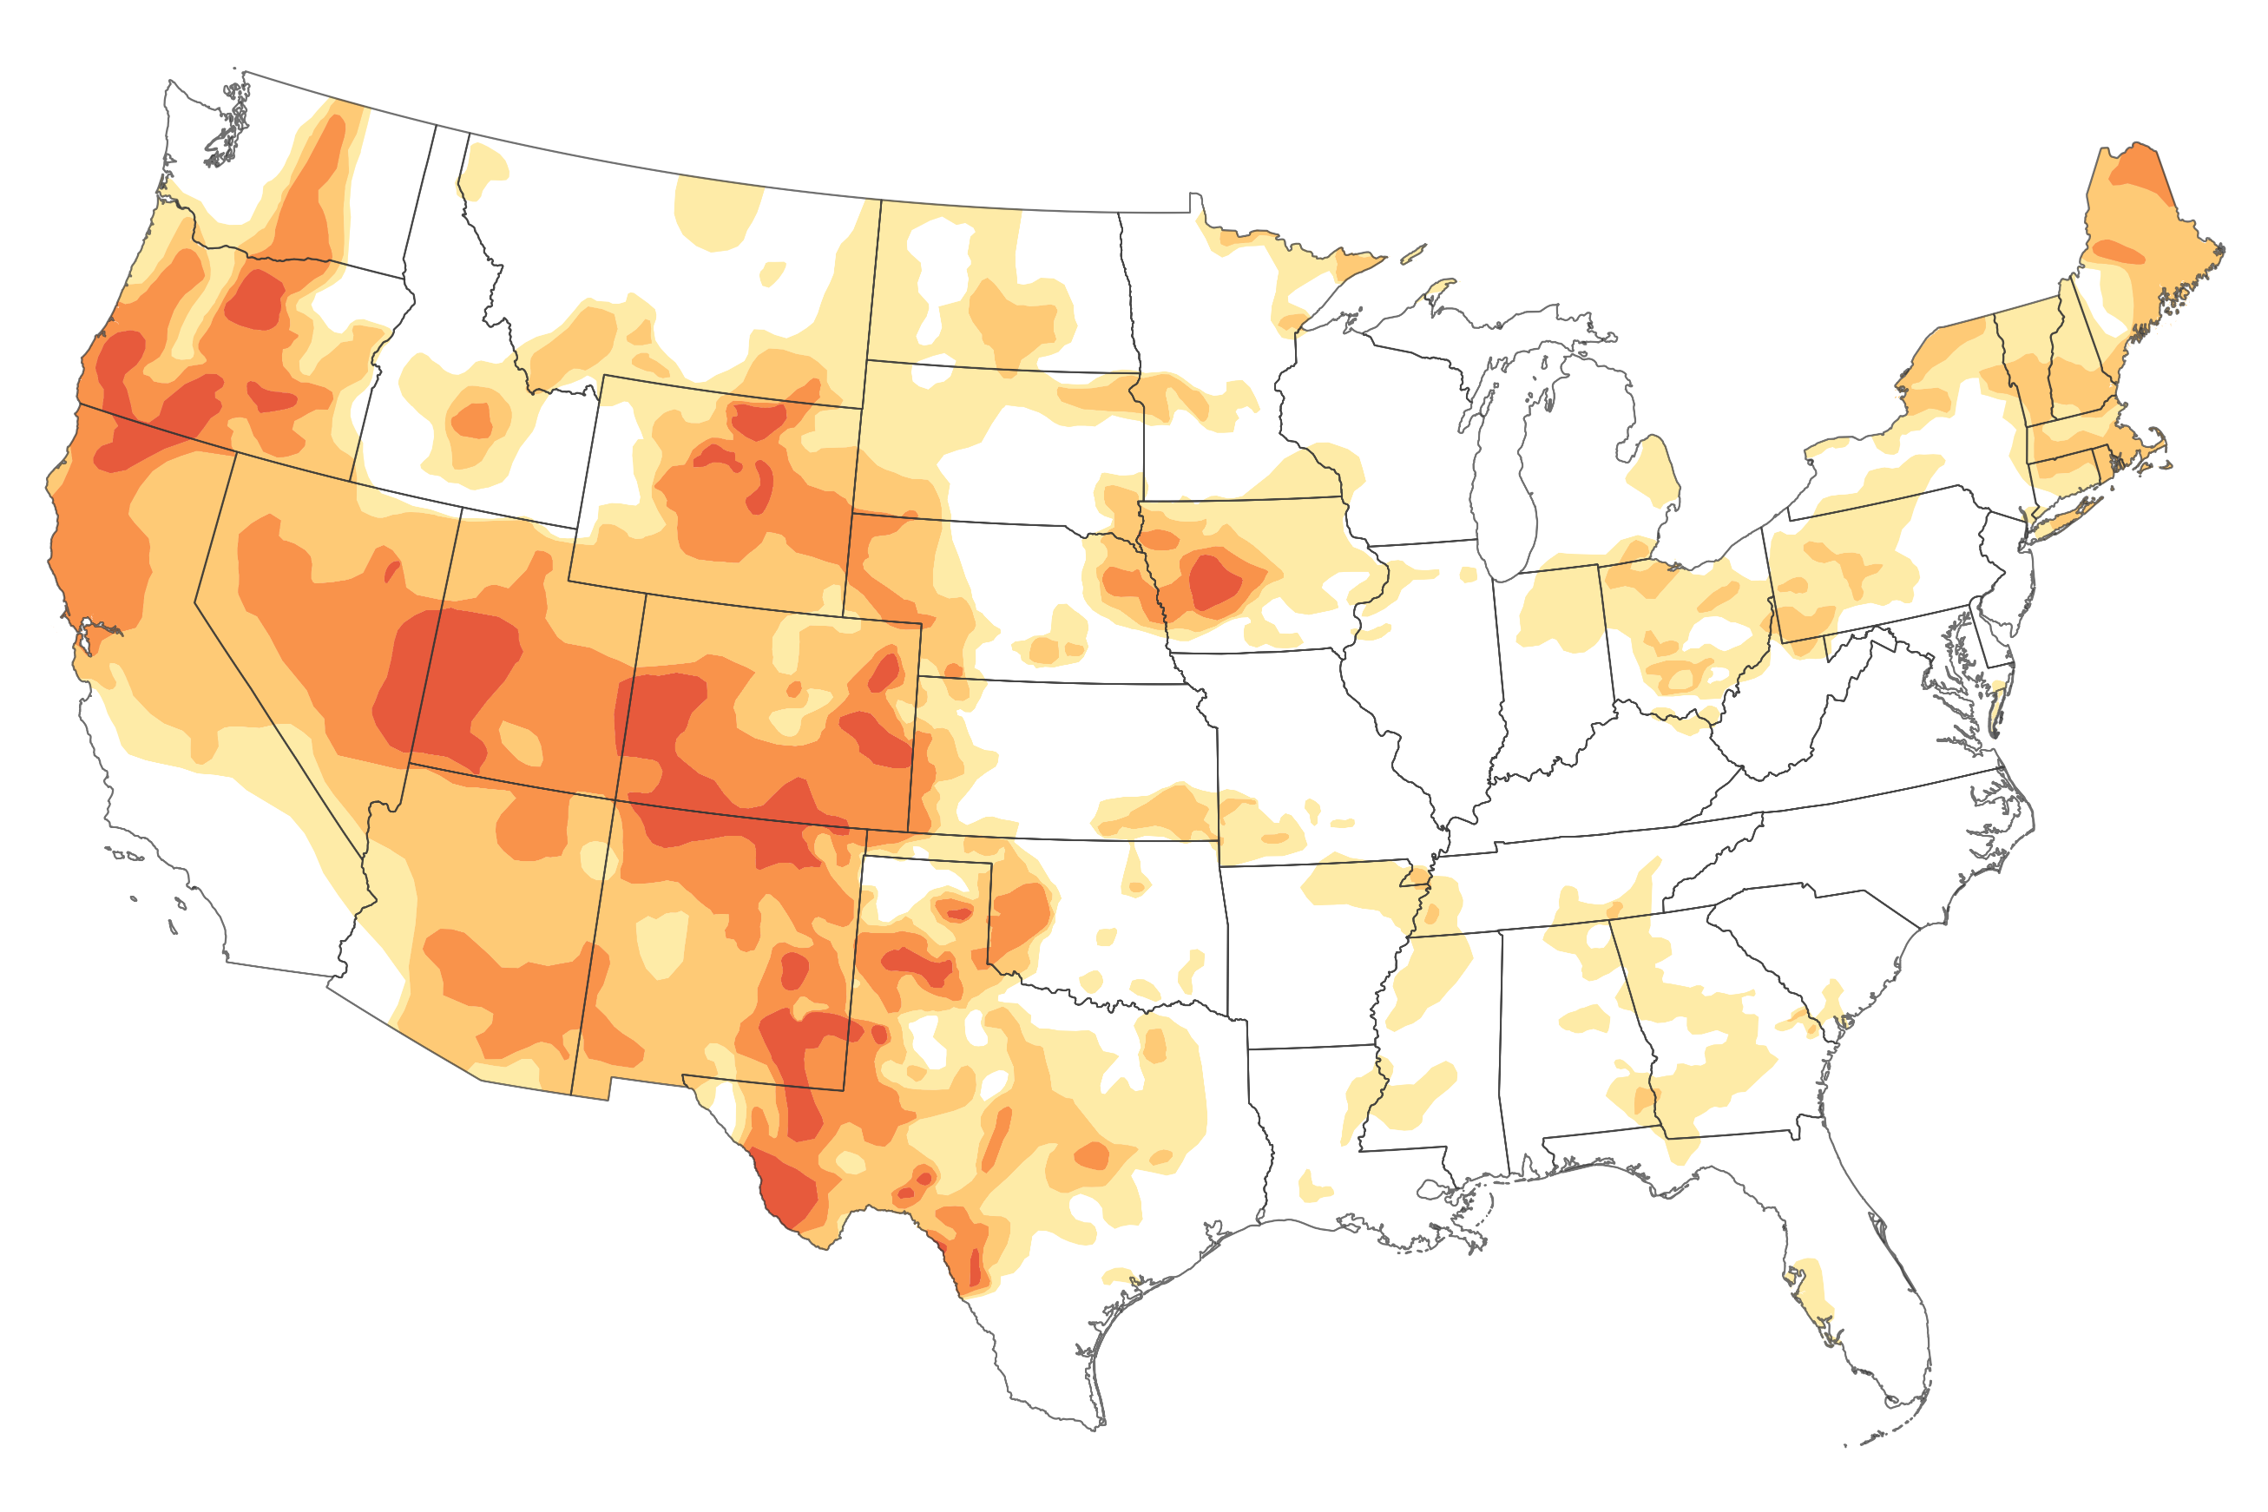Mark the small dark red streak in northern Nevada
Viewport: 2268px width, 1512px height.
click(391, 572)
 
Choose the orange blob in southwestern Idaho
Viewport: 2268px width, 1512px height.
click(471, 420)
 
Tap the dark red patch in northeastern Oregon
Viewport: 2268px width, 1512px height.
click(255, 299)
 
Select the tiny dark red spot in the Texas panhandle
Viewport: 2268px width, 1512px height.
click(958, 912)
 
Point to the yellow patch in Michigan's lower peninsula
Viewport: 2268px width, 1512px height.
click(1654, 470)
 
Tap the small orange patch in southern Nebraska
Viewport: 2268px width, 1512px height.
click(1044, 650)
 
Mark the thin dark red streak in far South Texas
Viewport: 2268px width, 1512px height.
click(976, 1265)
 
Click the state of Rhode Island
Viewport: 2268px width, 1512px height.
click(2102, 464)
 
